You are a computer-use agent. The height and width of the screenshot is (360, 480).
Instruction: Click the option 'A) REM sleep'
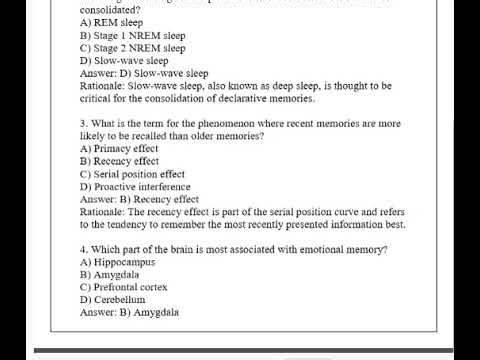(112, 21)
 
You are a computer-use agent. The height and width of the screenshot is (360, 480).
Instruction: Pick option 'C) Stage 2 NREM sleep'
(132, 47)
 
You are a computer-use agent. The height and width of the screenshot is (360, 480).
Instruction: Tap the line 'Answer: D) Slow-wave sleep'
(144, 73)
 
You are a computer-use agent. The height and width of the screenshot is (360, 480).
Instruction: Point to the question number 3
(83, 123)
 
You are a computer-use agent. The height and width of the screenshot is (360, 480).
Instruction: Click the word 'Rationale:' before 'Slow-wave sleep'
(103, 86)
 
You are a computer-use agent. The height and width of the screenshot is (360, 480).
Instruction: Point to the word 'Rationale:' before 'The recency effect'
(103, 212)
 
